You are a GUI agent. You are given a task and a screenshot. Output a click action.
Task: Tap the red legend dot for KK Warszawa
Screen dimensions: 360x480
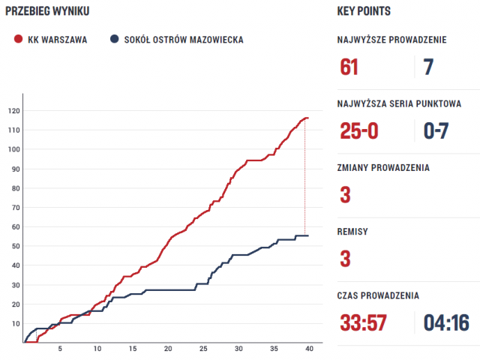tap(17, 39)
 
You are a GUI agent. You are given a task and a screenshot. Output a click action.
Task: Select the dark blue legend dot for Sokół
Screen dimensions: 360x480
tap(114, 39)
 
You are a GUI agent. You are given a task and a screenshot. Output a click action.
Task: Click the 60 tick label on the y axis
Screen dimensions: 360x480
tap(14, 226)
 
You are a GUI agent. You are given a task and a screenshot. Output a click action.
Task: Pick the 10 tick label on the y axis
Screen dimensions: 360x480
tap(14, 323)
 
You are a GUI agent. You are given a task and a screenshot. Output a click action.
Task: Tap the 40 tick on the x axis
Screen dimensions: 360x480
tap(308, 349)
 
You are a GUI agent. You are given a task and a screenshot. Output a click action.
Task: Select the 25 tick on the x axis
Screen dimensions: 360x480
tap(202, 349)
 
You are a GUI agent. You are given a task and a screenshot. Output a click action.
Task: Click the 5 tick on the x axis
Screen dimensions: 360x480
tap(61, 349)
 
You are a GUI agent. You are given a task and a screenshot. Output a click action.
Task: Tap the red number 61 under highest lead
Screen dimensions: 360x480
tap(349, 67)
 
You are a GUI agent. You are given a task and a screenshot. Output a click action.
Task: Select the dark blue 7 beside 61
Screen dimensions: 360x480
tap(428, 67)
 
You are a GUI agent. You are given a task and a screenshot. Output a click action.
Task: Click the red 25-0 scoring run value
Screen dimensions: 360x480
tap(359, 132)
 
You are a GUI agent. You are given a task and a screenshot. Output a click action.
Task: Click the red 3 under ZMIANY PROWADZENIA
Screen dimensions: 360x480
tap(345, 195)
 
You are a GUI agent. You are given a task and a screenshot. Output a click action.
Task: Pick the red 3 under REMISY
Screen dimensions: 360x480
tap(345, 259)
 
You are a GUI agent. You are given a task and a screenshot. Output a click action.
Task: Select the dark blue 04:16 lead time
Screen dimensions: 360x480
tap(446, 323)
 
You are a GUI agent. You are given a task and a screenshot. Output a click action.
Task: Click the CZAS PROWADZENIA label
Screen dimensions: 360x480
tap(390, 295)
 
